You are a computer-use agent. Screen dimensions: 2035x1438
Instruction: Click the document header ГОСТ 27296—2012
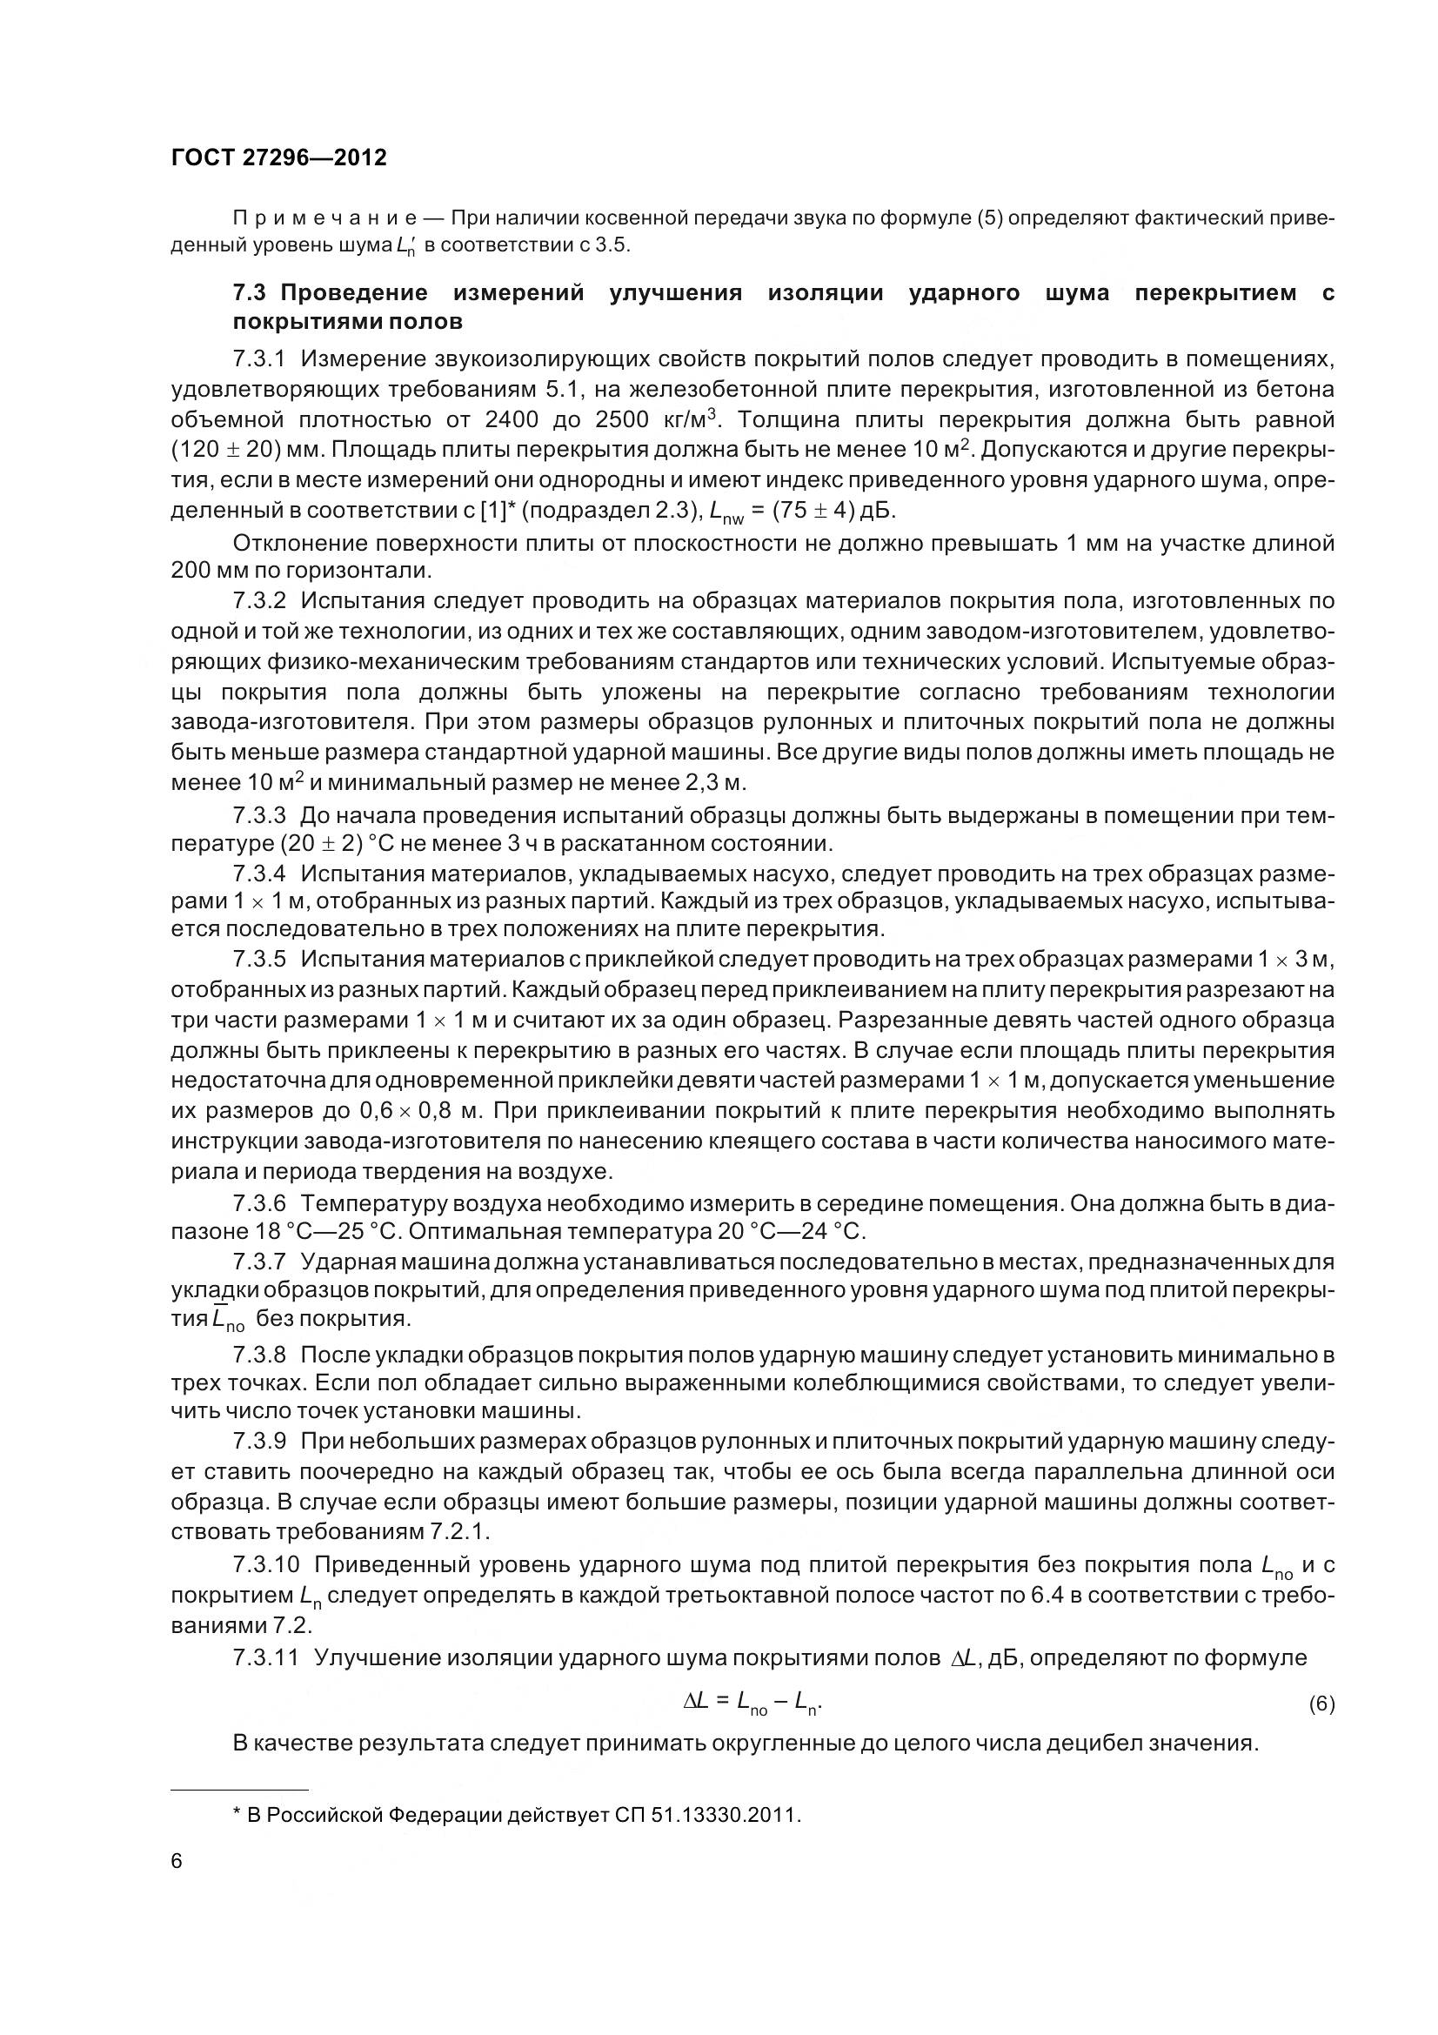tap(278, 157)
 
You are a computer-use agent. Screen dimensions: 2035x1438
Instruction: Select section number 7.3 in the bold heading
tap(249, 293)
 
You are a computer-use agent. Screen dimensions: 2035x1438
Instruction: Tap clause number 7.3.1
tap(259, 359)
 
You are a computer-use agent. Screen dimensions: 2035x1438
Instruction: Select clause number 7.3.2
tap(259, 601)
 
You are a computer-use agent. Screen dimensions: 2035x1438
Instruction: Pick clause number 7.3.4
tap(259, 874)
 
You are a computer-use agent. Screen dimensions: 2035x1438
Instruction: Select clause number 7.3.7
tap(259, 1262)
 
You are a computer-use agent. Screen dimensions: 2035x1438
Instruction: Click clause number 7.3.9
tap(259, 1442)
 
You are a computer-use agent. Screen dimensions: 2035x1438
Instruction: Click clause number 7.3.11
tap(266, 1657)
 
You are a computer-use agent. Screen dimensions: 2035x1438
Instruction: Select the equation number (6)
tap(1321, 1704)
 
